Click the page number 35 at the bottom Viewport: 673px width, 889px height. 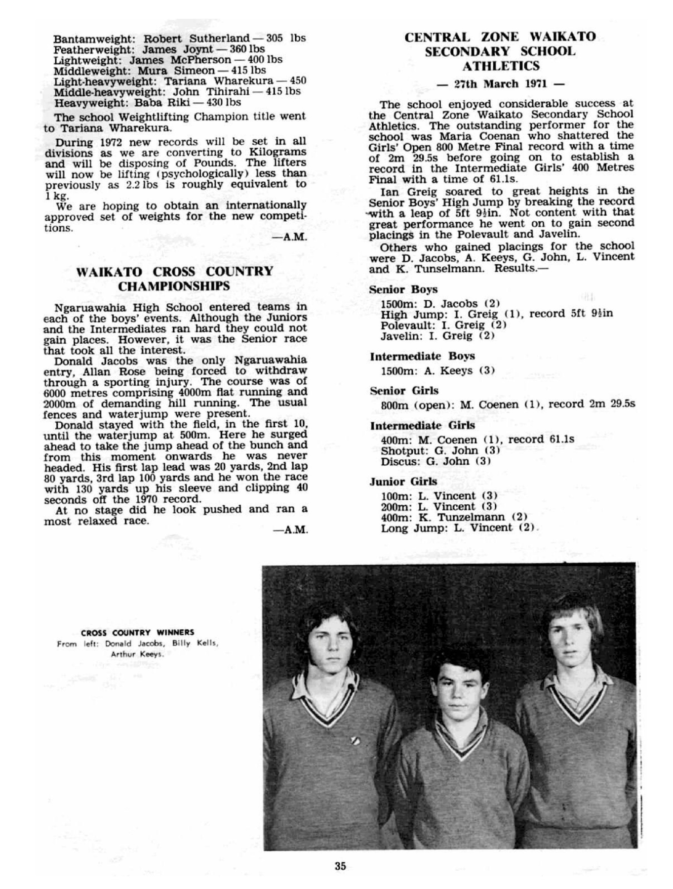coord(340,866)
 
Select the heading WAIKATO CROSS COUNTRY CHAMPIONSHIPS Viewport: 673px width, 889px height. coord(175,279)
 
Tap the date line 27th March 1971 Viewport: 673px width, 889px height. coord(500,83)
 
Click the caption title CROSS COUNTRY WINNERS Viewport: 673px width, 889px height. coord(138,633)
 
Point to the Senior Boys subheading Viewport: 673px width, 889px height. coord(403,289)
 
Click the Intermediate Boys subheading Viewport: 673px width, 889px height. coord(422,356)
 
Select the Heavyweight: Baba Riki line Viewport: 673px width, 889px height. coord(147,102)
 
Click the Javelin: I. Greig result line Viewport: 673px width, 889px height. coord(437,336)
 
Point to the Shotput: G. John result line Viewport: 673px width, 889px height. coord(440,450)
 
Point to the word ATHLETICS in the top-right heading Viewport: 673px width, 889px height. coord(500,66)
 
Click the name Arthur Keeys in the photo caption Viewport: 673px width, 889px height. coord(137,654)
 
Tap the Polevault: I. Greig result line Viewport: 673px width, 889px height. coord(443,325)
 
